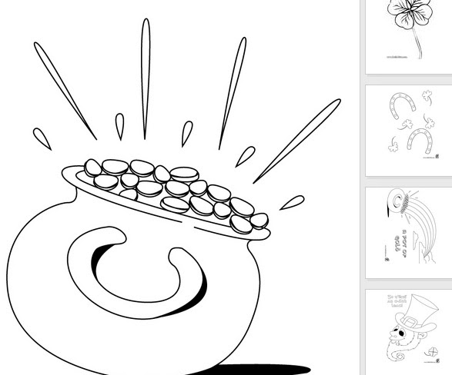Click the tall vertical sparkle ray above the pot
click(145, 77)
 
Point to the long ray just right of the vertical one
click(233, 92)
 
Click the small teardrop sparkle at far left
click(42, 138)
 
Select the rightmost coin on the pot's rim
click(259, 221)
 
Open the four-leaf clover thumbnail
click(408, 35)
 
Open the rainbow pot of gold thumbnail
click(408, 232)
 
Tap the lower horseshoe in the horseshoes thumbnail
click(419, 141)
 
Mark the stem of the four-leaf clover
click(418, 46)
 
